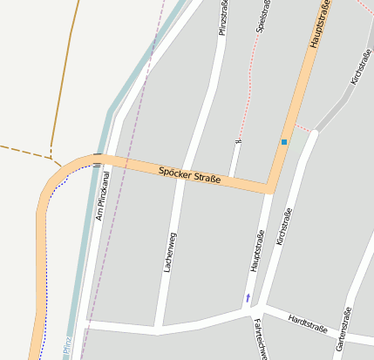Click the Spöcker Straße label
[x=189, y=174]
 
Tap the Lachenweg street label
[x=171, y=253]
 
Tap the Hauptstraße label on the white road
[x=257, y=252]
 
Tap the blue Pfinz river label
[x=67, y=347]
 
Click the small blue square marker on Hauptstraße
[x=284, y=141]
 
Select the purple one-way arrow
[x=248, y=298]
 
